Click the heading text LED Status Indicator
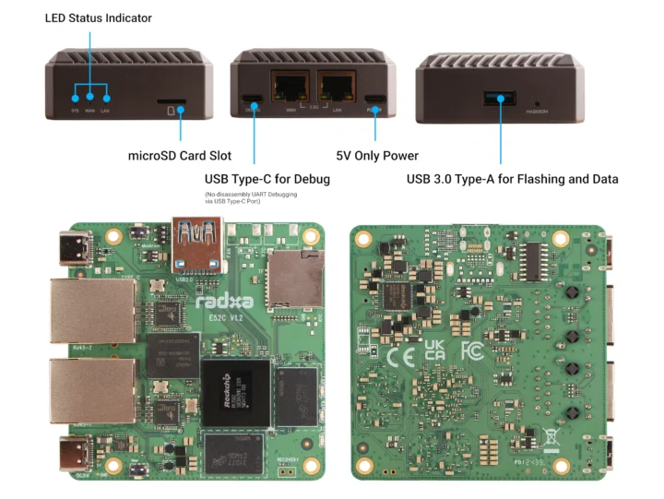[99, 18]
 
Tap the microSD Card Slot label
[179, 156]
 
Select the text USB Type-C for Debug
[267, 179]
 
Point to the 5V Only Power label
[376, 156]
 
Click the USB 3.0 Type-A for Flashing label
[512, 179]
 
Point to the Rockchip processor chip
[234, 392]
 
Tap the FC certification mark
[472, 351]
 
